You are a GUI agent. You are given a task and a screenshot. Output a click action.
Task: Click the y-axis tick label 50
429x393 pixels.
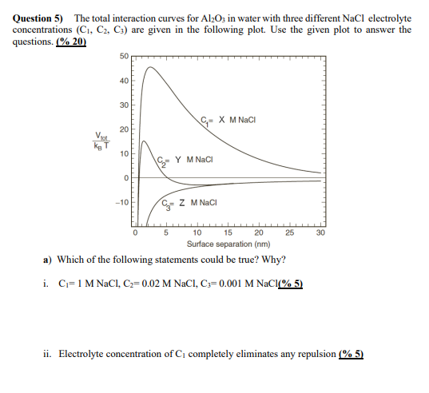(123, 55)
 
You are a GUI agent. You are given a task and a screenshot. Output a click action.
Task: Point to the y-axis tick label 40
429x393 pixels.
(123, 80)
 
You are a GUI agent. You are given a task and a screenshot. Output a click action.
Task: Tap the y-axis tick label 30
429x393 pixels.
(123, 105)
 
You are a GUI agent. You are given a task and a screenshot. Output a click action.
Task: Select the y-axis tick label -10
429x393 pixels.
(121, 201)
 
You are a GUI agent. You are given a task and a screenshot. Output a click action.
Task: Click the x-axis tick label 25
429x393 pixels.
(288, 233)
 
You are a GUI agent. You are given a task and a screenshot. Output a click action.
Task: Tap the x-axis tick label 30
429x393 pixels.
(320, 233)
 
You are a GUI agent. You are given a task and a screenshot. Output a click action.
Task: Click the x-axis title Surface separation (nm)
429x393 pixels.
(228, 244)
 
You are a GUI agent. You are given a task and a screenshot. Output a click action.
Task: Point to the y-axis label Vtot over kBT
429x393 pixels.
(102, 139)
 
